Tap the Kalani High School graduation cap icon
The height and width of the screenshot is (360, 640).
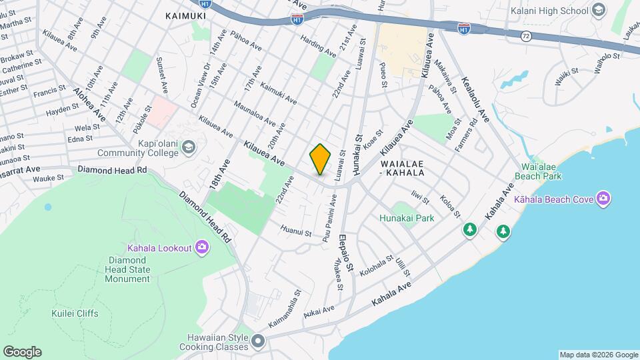click(598, 10)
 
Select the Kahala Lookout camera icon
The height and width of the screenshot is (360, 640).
click(202, 248)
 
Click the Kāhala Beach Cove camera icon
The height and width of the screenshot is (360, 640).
click(603, 198)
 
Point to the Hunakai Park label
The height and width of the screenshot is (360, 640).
click(407, 218)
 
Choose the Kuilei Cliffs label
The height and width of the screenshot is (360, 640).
click(75, 313)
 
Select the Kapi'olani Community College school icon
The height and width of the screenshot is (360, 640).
click(189, 147)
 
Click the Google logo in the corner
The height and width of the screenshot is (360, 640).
click(22, 352)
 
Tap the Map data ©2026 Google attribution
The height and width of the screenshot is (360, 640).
click(599, 355)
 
